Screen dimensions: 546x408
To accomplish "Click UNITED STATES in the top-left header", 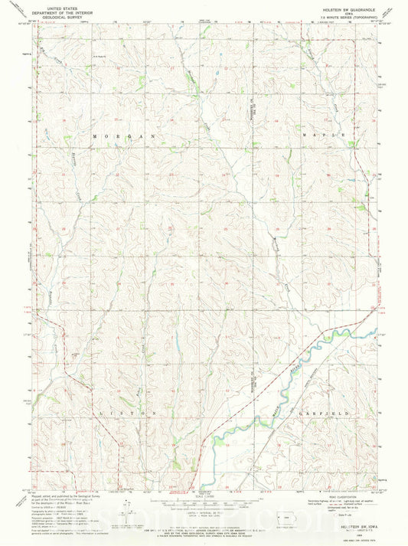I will [63, 8].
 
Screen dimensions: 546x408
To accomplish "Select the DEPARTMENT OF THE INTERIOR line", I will [63, 11].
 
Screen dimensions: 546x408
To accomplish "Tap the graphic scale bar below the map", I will [203, 502].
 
